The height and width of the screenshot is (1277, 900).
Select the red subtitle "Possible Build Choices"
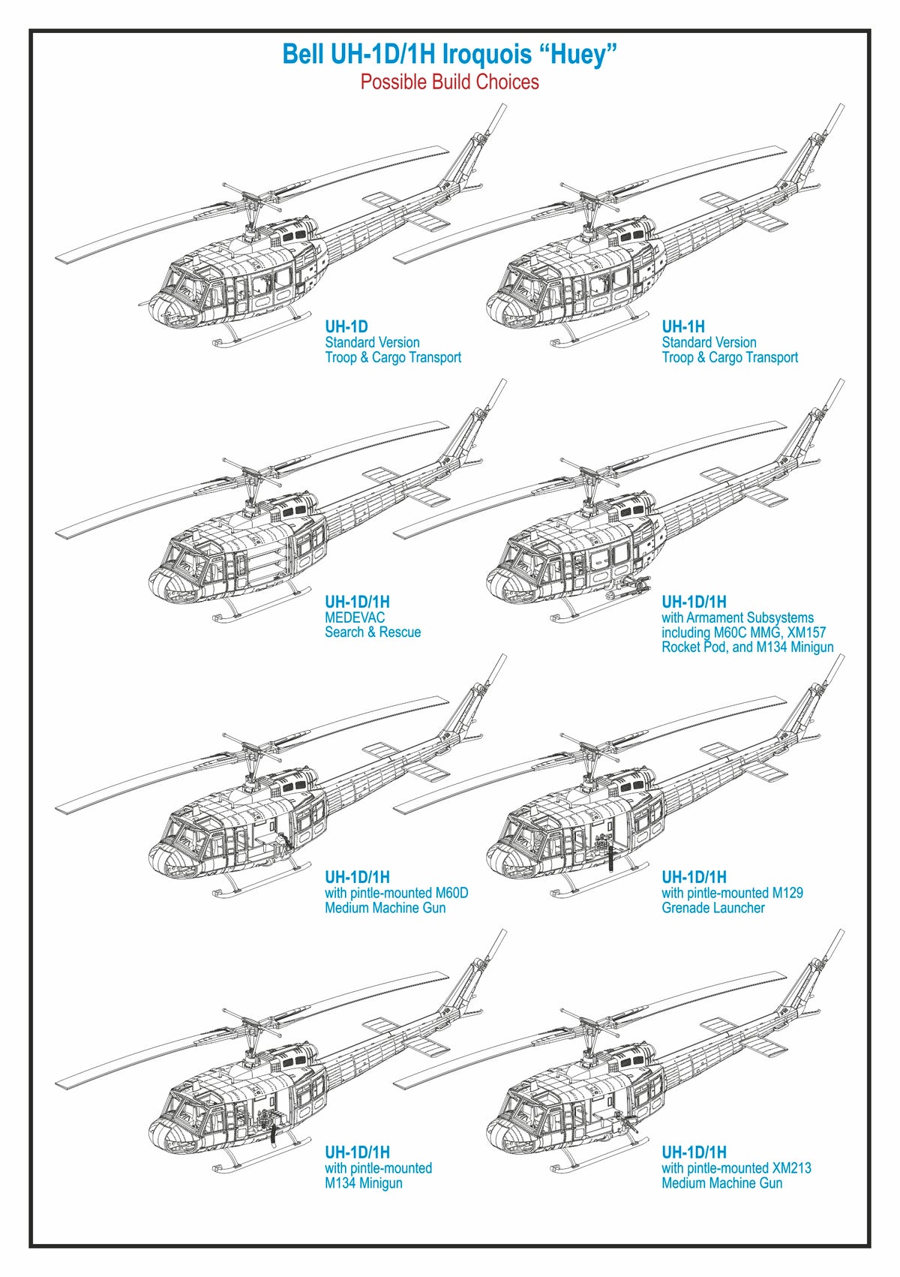pyautogui.click(x=449, y=82)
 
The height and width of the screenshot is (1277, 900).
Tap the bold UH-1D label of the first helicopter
pyautogui.click(x=346, y=327)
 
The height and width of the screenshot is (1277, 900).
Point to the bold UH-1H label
pyautogui.click(x=682, y=327)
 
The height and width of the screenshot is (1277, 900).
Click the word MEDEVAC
pyautogui.click(x=355, y=617)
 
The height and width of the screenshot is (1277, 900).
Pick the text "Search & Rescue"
pyautogui.click(x=373, y=632)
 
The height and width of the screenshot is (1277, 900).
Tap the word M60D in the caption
pyautogui.click(x=451, y=893)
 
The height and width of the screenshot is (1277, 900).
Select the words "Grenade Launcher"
pyautogui.click(x=712, y=908)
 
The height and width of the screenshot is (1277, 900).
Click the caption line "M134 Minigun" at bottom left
pyautogui.click(x=363, y=1183)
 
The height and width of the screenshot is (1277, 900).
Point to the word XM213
pyautogui.click(x=791, y=1168)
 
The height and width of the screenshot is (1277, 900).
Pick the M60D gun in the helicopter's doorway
pyautogui.click(x=281, y=844)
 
